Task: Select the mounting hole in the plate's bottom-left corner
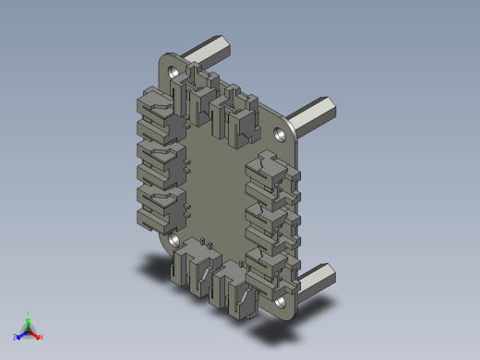173,239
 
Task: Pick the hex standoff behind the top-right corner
315,114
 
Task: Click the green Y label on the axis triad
30,315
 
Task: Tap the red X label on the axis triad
41,338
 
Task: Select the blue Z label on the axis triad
16,338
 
